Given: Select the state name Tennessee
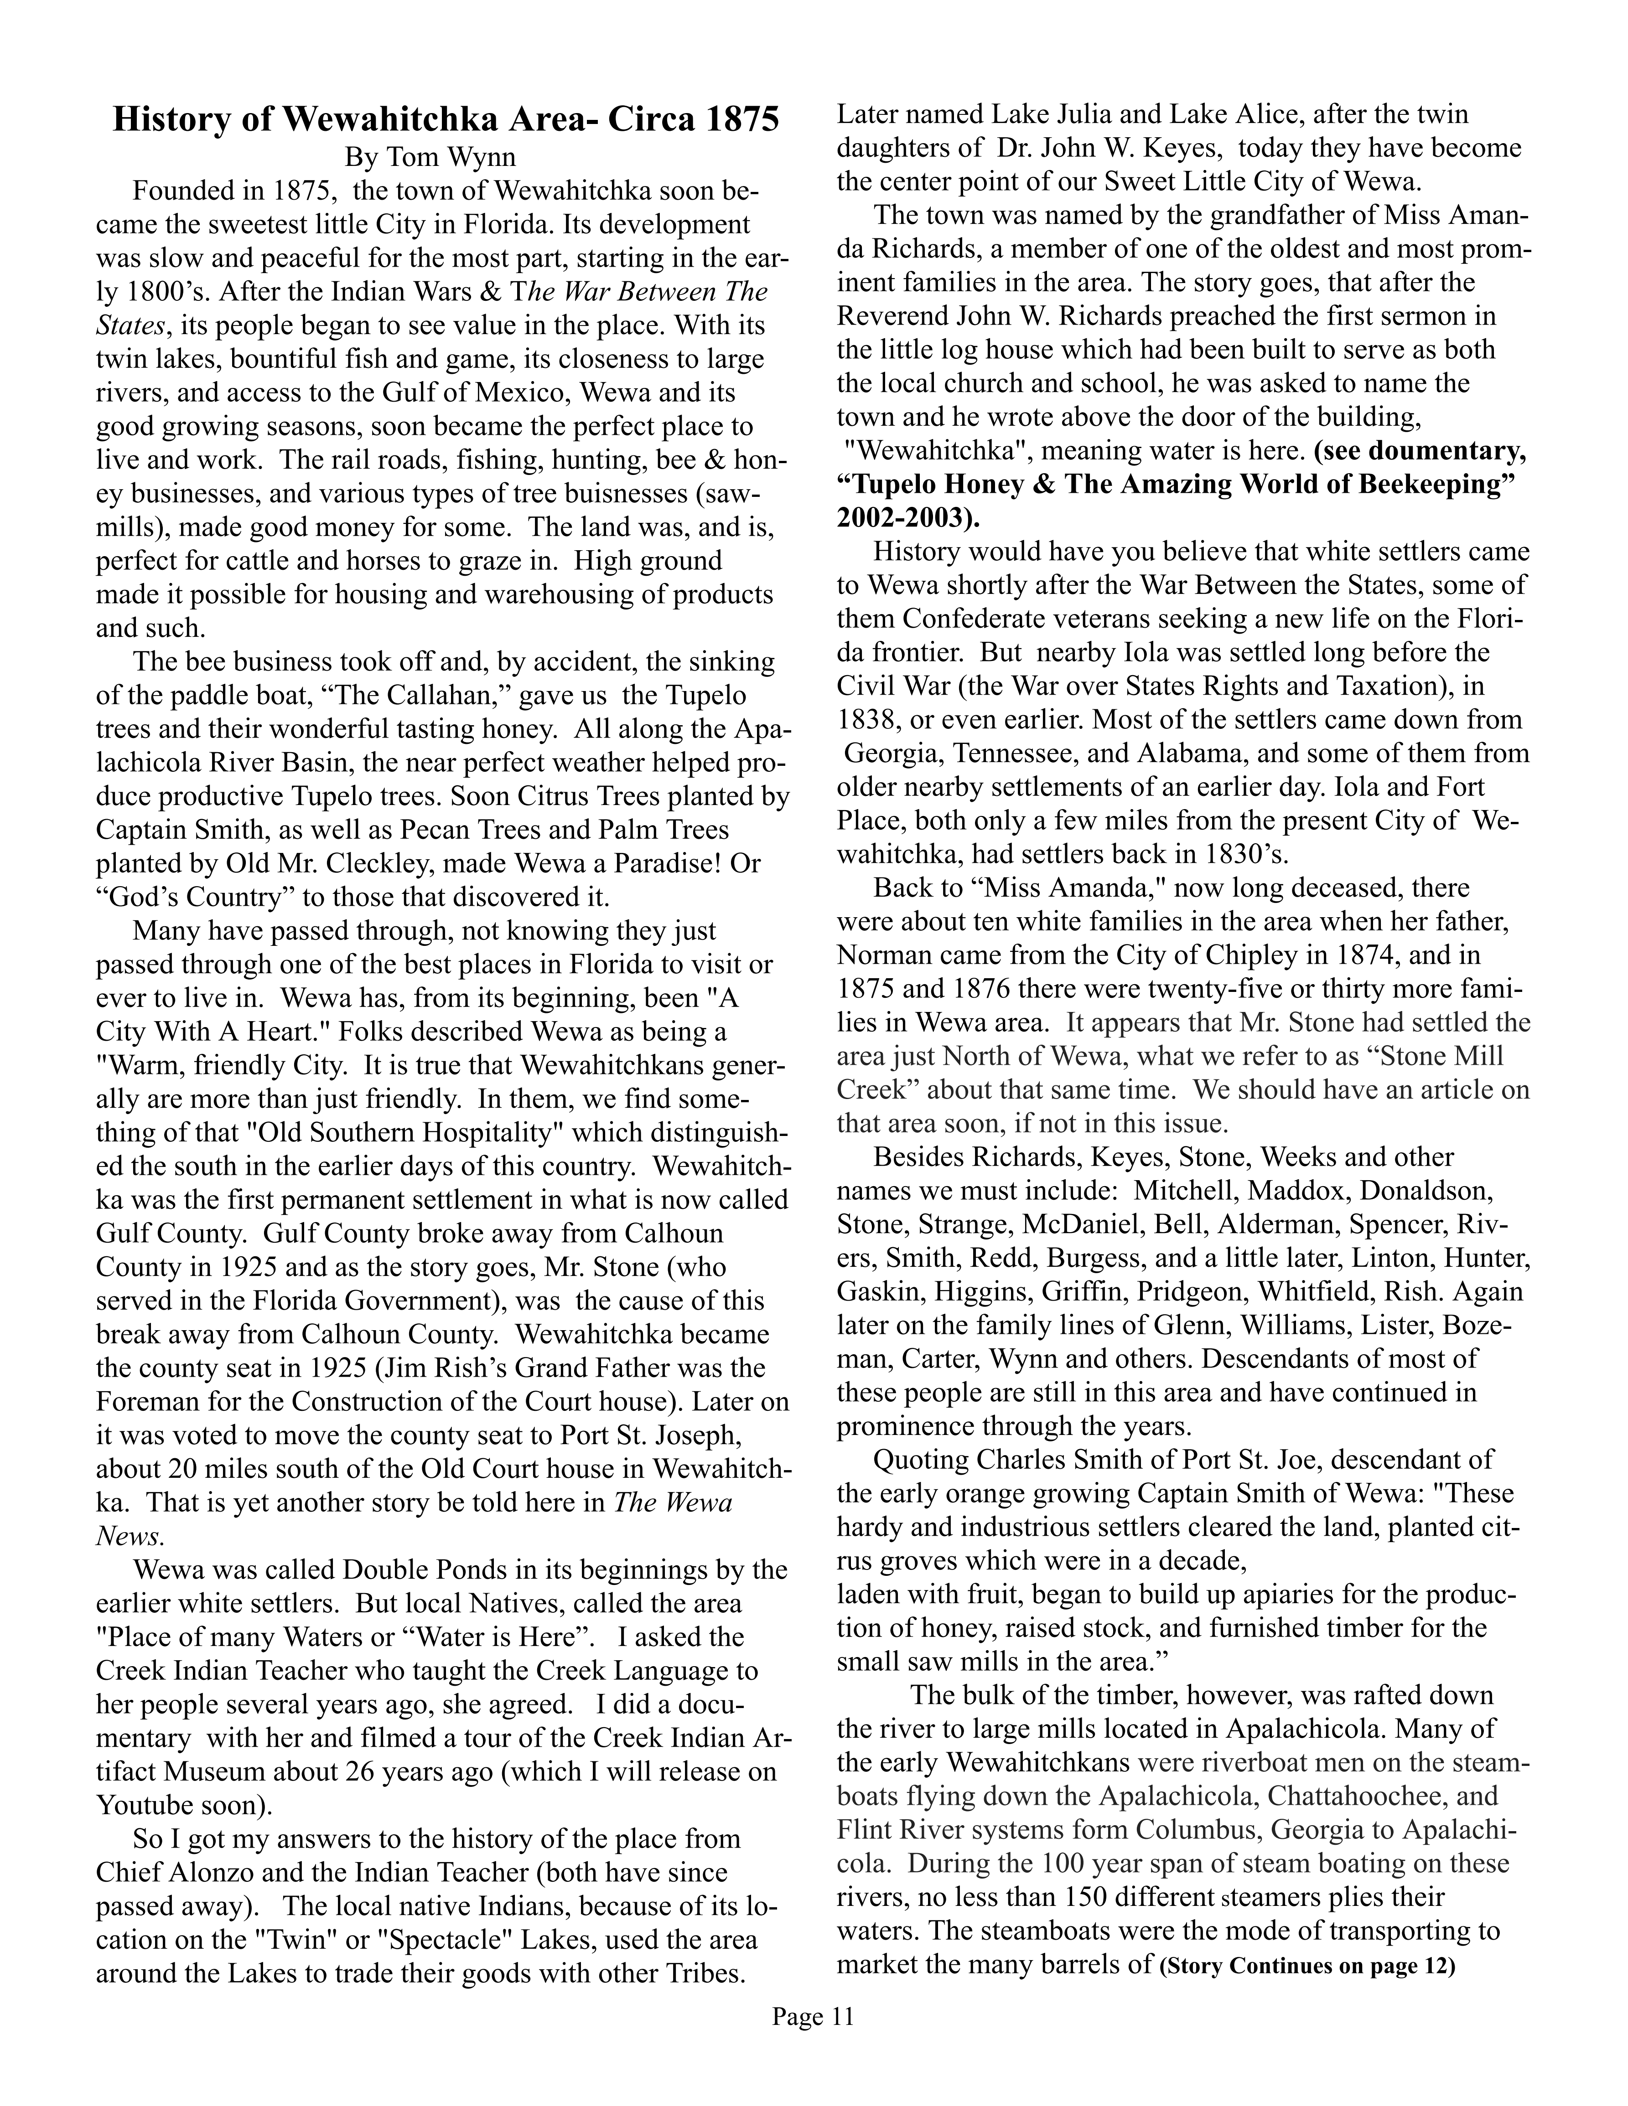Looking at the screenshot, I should (1018, 753).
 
